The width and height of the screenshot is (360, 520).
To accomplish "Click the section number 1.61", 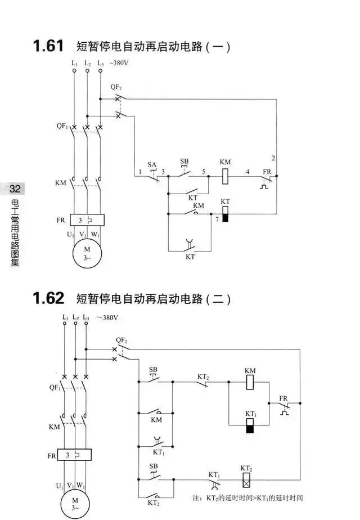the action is (48, 46).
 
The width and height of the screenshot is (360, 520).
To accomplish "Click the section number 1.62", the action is (48, 298).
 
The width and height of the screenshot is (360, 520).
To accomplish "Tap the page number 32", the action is (15, 189).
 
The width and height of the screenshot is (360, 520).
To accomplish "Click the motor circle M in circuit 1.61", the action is (87, 253).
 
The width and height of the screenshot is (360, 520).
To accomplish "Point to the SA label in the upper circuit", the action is (152, 164).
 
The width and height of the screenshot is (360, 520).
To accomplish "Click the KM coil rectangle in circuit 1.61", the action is (225, 176).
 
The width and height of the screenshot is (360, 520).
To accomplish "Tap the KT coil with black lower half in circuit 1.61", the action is (225, 214).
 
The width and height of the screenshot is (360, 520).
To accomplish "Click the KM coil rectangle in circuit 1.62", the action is (250, 382).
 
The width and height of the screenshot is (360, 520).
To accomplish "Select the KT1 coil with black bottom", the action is (250, 425).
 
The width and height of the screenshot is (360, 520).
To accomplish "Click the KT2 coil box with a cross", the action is (246, 479).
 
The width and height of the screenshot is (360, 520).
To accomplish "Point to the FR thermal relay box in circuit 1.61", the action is (87, 220).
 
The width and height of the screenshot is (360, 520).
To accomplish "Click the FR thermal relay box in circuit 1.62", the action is (74, 455).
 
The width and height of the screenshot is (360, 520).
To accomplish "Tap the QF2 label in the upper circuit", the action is (116, 87).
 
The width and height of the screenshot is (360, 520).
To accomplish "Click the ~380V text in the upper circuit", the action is (119, 62).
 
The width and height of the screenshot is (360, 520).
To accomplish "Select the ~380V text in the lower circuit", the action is (107, 317).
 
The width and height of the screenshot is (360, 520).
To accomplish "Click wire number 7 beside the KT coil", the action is (217, 219).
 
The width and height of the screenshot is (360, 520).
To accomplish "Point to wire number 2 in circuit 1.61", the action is (273, 158).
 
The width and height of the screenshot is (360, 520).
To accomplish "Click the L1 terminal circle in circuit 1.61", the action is (74, 71).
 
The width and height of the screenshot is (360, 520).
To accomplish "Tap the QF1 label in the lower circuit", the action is (55, 387).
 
